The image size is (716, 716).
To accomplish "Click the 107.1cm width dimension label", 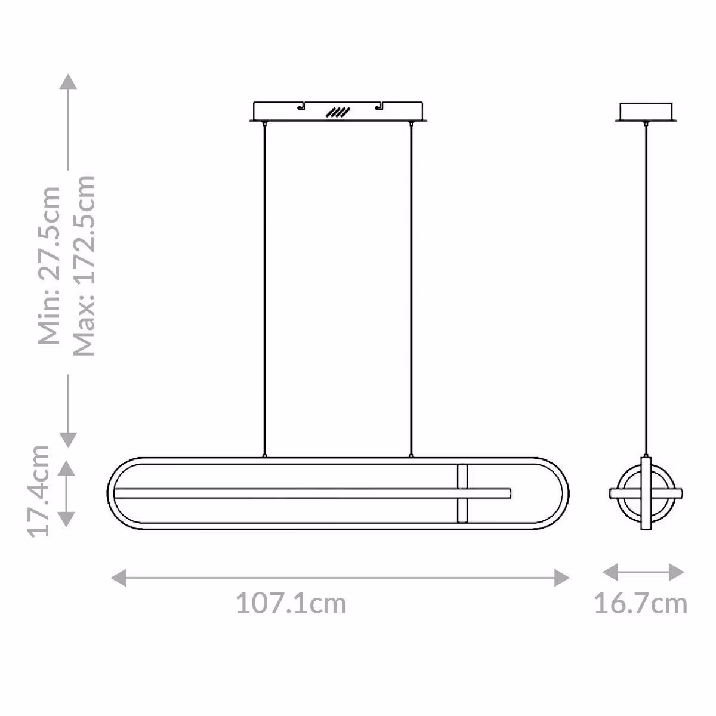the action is click(x=291, y=604).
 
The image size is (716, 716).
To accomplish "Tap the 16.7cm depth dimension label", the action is click(x=641, y=604).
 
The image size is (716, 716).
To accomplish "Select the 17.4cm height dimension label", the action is click(x=39, y=490).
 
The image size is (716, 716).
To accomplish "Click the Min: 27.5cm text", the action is click(x=49, y=266).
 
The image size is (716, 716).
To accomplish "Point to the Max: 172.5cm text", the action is click(x=84, y=265).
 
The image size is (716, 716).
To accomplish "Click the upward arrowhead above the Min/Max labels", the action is click(x=68, y=81).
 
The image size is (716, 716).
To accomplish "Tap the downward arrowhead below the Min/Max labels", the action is click(x=68, y=440).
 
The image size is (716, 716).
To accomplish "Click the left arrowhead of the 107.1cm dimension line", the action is click(x=119, y=578).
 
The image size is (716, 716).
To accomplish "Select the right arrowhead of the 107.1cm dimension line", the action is click(x=562, y=578).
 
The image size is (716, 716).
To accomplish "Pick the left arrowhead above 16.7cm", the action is click(x=610, y=572).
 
